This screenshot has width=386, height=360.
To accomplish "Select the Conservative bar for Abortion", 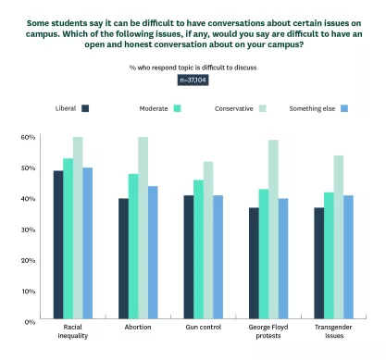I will pyautogui.click(x=143, y=229).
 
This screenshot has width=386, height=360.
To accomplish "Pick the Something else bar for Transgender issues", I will pyautogui.click(x=350, y=258).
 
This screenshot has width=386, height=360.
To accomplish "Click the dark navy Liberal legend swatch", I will pyautogui.click(x=86, y=108).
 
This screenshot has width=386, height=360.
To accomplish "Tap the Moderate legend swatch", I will pyautogui.click(x=176, y=108).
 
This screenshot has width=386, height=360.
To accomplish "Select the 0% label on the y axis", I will pyautogui.click(x=30, y=321).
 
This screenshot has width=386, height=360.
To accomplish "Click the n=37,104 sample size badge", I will pyautogui.click(x=193, y=80).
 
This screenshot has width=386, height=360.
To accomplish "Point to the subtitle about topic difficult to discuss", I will pyautogui.click(x=193, y=67).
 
